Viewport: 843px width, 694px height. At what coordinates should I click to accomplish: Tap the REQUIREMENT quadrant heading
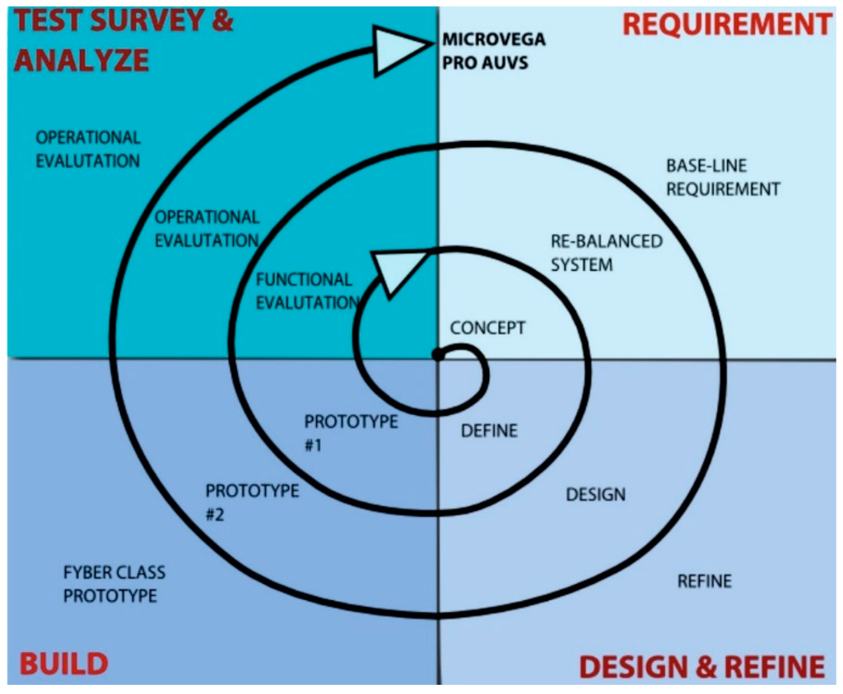coord(727,25)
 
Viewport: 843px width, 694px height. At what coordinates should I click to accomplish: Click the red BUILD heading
coord(63,663)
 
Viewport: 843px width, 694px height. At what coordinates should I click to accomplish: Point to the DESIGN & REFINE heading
coord(701,665)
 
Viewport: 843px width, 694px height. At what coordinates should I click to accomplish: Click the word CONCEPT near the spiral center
coord(487,328)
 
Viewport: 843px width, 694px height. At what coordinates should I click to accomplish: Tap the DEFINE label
coord(489,430)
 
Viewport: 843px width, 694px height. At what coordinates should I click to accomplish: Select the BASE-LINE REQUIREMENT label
coord(722,177)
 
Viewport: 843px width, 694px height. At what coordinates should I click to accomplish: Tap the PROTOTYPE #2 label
coord(252,501)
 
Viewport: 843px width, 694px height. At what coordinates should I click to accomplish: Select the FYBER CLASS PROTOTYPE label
coord(114,583)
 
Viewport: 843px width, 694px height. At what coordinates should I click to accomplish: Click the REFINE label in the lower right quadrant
coord(704,580)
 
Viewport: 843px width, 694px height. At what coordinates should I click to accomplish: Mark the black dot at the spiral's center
coord(438,356)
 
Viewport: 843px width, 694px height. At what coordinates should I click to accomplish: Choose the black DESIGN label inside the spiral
coord(595,494)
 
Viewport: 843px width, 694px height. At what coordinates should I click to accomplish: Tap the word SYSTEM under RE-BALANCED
coord(582,264)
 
